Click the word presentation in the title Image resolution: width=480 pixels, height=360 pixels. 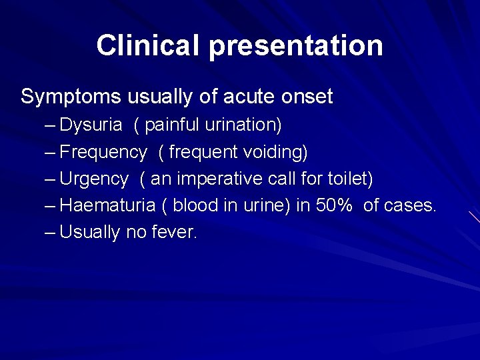(296, 46)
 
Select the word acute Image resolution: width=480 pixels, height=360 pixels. (241, 97)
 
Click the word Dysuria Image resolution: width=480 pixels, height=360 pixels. (91, 125)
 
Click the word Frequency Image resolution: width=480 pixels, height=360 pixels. (103, 153)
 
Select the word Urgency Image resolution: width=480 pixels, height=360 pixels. (94, 179)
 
